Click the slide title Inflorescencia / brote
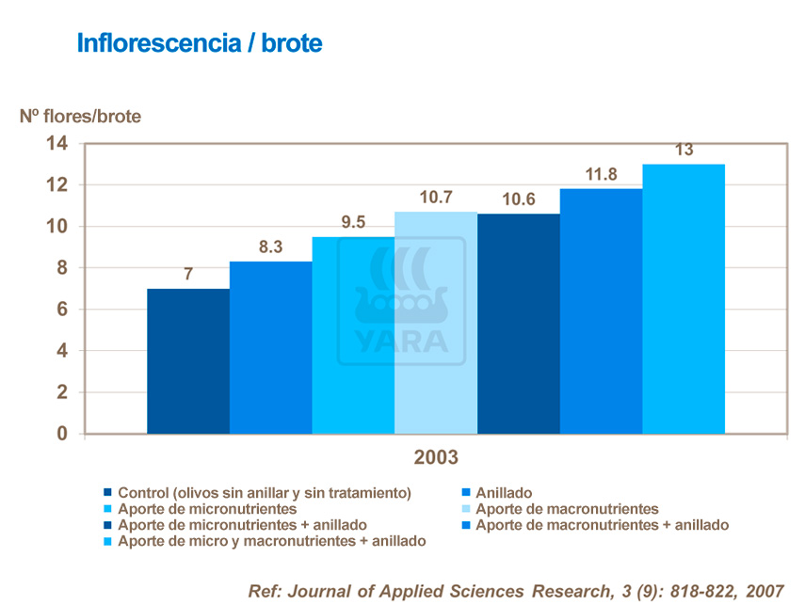pyautogui.click(x=199, y=43)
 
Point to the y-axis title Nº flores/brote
pyautogui.click(x=80, y=117)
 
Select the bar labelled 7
pyautogui.click(x=187, y=361)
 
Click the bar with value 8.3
pyautogui.click(x=270, y=348)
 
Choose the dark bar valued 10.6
pyautogui.click(x=518, y=325)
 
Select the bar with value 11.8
pyautogui.click(x=601, y=311)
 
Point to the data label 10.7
pyautogui.click(x=435, y=198)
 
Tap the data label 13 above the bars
pyautogui.click(x=684, y=151)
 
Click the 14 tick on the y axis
pyautogui.click(x=56, y=144)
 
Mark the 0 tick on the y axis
pyautogui.click(x=63, y=434)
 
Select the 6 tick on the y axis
pyautogui.click(x=63, y=310)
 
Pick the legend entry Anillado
pyautogui.click(x=504, y=493)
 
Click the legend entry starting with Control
pyautogui.click(x=264, y=493)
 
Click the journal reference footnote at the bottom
pyautogui.click(x=515, y=590)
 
